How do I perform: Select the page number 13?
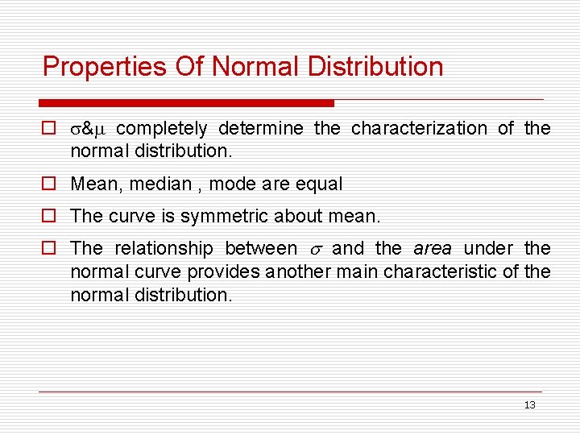click(x=529, y=405)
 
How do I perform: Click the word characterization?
click(x=419, y=129)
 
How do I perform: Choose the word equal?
click(x=321, y=184)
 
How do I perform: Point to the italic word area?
click(x=433, y=248)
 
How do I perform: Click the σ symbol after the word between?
click(x=315, y=250)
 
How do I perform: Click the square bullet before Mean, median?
click(x=48, y=184)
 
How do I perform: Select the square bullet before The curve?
click(x=48, y=217)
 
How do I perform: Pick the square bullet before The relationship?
click(x=48, y=248)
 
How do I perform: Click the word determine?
click(x=261, y=129)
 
